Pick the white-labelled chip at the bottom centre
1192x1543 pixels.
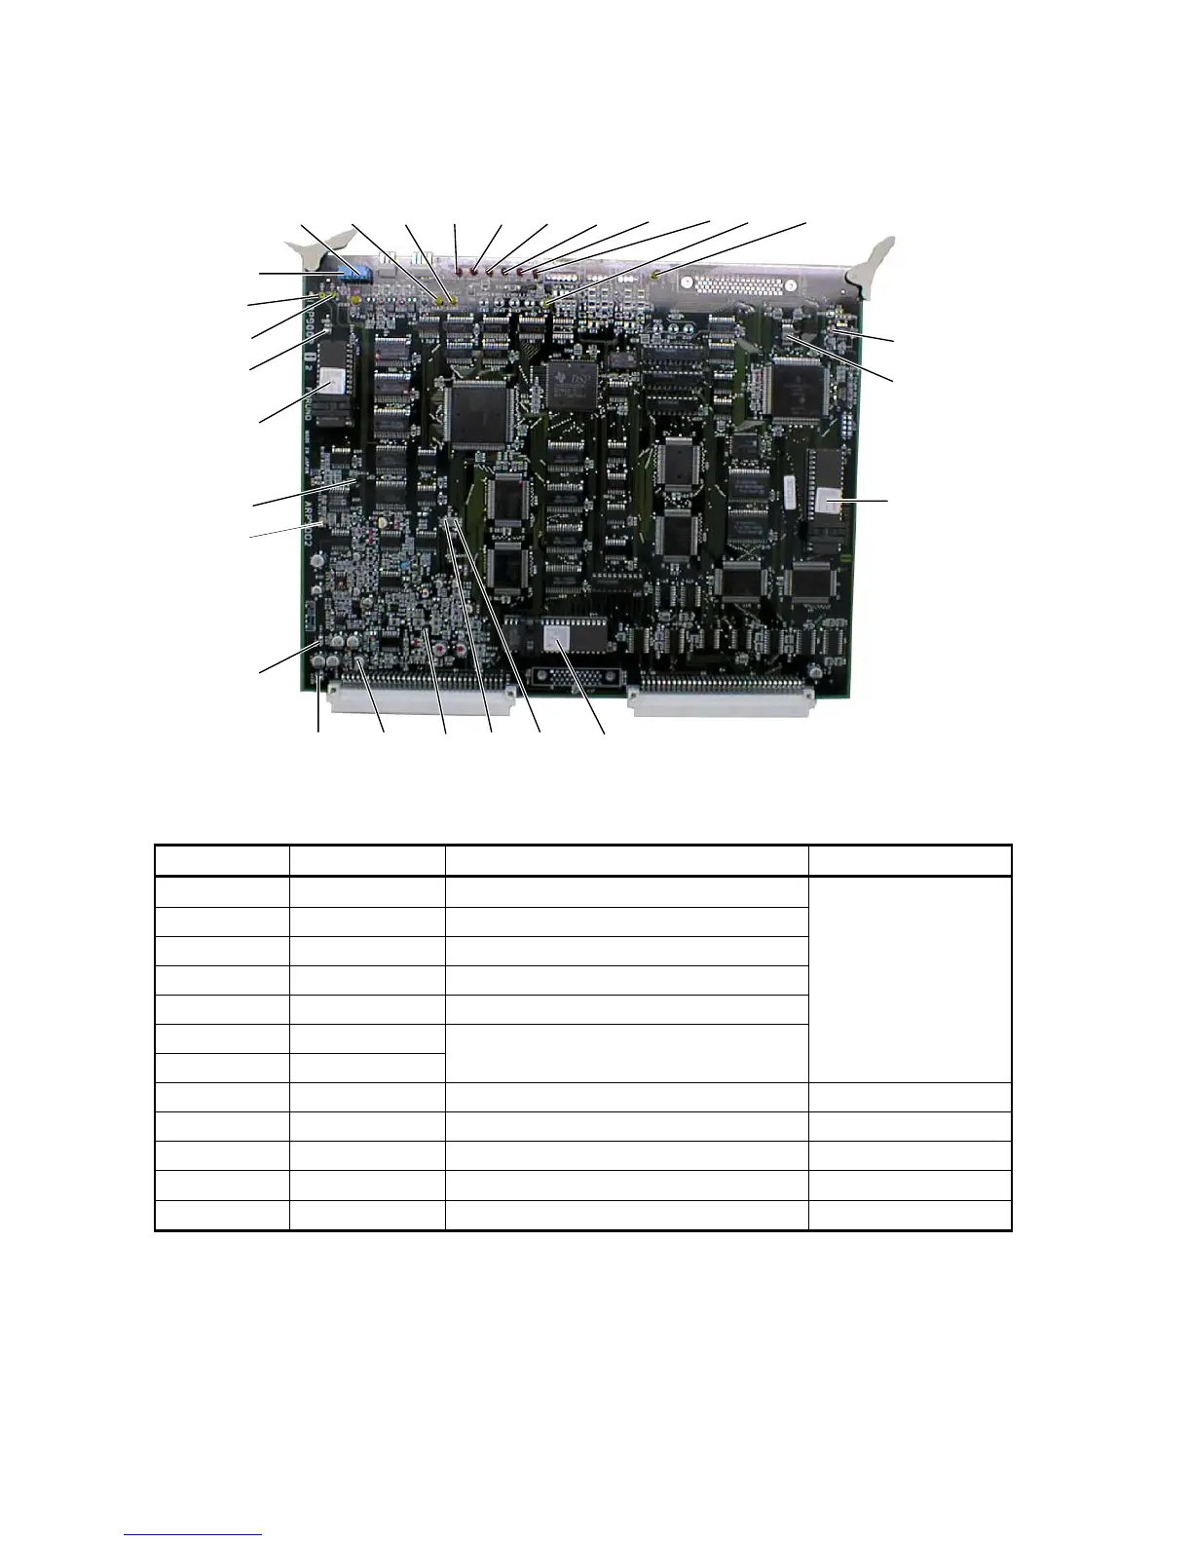pyautogui.click(x=556, y=638)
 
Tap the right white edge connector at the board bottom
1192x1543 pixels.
pyautogui.click(x=721, y=698)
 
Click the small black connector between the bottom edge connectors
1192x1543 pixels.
pyautogui.click(x=566, y=678)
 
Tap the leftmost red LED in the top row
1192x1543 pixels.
pyautogui.click(x=458, y=264)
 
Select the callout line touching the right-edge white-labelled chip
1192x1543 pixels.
pyautogui.click(x=862, y=501)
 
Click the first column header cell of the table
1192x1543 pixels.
pyautogui.click(x=222, y=860)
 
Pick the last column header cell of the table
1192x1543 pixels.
pyautogui.click(x=910, y=860)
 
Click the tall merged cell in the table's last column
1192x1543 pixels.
pyautogui.click(x=910, y=979)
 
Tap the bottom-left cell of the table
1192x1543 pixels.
pyautogui.click(x=222, y=1216)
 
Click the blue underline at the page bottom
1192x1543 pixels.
pyautogui.click(x=194, y=1534)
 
